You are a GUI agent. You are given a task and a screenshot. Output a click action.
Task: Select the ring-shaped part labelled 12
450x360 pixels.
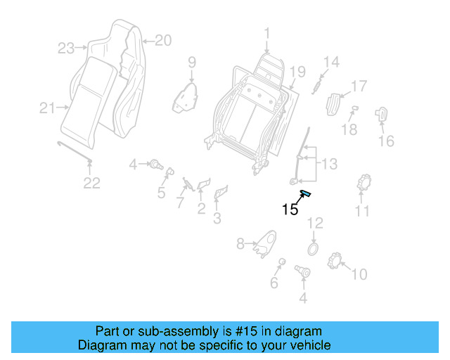pos(314,248)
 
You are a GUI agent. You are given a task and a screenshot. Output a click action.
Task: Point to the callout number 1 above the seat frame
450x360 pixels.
pos(267,32)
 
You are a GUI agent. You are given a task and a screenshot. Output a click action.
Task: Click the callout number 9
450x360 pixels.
pos(191,63)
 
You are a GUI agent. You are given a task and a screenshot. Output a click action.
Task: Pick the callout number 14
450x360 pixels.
pos(330,62)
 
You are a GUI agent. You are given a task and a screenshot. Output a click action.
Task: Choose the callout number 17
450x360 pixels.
pos(359,86)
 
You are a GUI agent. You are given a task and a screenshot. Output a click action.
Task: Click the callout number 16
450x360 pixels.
pos(386,141)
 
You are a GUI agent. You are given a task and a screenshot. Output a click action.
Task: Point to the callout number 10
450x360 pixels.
pos(359,274)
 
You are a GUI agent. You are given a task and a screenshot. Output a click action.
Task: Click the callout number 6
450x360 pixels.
pos(274,283)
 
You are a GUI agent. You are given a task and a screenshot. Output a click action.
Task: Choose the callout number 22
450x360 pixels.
pos(92,184)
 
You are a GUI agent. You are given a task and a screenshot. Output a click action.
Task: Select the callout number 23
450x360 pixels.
pos(66,49)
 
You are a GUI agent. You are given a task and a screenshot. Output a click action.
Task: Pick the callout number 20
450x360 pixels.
pos(162,41)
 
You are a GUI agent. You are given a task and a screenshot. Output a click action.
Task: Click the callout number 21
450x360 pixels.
pos(47,108)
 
